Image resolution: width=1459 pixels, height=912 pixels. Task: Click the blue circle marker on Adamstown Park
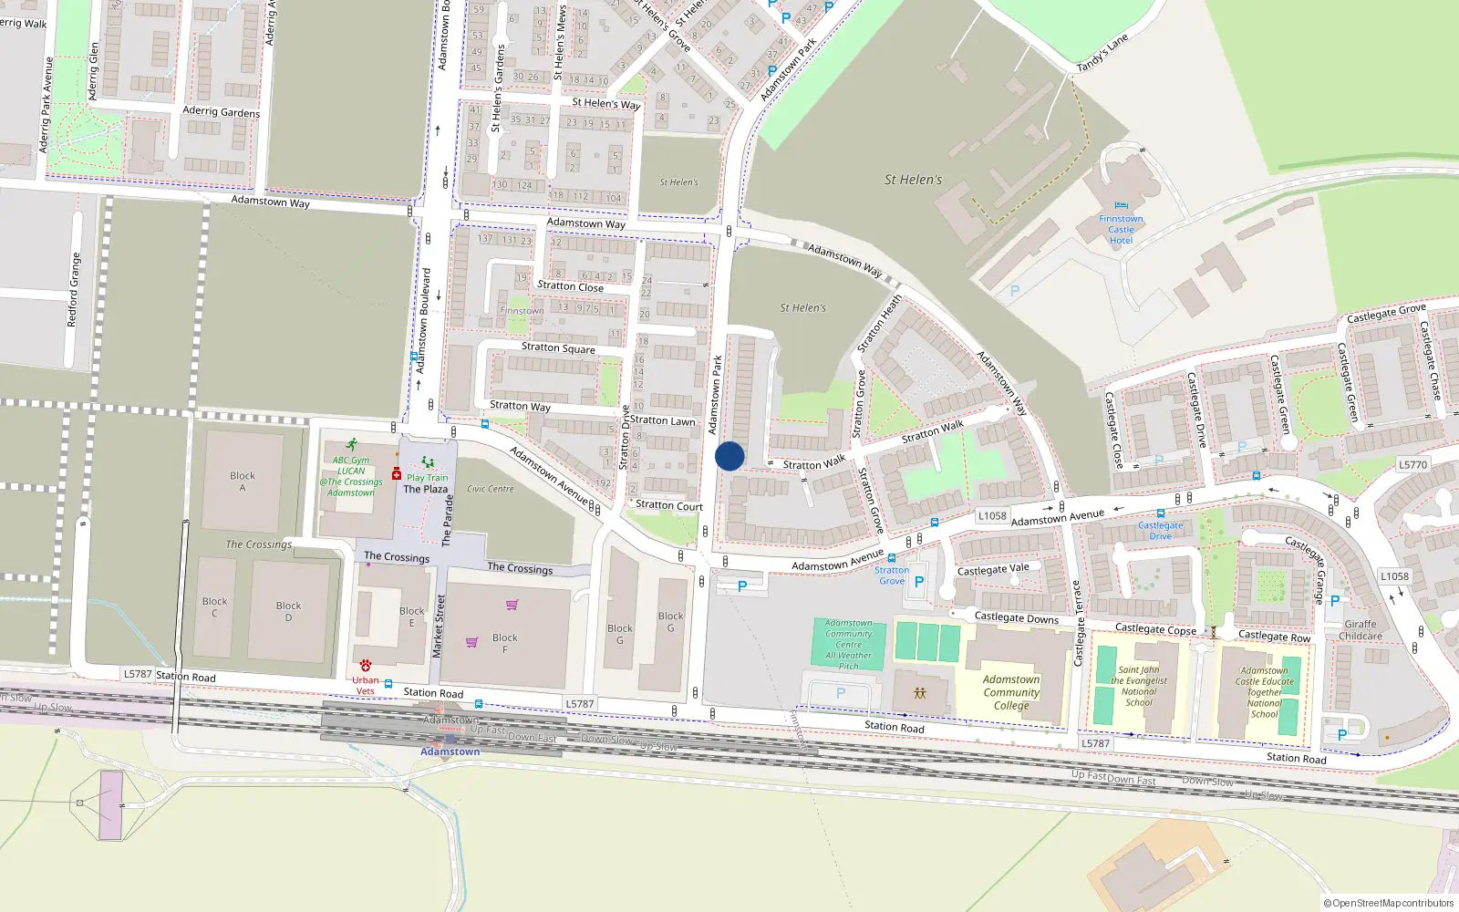point(729,456)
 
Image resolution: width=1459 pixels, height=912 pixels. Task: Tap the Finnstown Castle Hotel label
point(1121,230)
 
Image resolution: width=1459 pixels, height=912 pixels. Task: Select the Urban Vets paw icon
point(366,666)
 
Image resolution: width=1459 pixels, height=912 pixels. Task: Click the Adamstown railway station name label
point(450,751)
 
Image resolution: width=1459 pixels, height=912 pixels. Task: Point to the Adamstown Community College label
point(1011,692)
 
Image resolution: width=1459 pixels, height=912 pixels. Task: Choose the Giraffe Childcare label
point(1361,630)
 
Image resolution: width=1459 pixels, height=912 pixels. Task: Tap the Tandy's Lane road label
point(1102,52)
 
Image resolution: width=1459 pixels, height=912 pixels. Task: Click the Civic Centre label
point(491,489)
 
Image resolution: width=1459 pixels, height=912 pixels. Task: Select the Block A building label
point(243,482)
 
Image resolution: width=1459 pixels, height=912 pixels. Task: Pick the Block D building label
point(288,611)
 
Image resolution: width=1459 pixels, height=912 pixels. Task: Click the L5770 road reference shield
point(1412,464)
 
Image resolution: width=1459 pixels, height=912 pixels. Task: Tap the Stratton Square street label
point(558,347)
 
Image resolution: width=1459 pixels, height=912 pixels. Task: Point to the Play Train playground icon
point(428,462)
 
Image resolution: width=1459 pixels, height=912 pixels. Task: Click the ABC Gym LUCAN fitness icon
point(352,445)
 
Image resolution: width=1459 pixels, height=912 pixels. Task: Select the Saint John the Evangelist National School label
point(1138,686)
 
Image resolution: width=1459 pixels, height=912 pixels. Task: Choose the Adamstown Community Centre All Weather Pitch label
point(848,644)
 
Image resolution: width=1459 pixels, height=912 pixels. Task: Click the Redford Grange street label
point(74,290)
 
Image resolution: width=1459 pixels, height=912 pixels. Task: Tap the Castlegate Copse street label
point(1155,628)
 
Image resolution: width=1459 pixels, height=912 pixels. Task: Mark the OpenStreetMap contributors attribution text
point(1389,903)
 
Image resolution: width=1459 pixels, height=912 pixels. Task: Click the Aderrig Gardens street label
point(221,112)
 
